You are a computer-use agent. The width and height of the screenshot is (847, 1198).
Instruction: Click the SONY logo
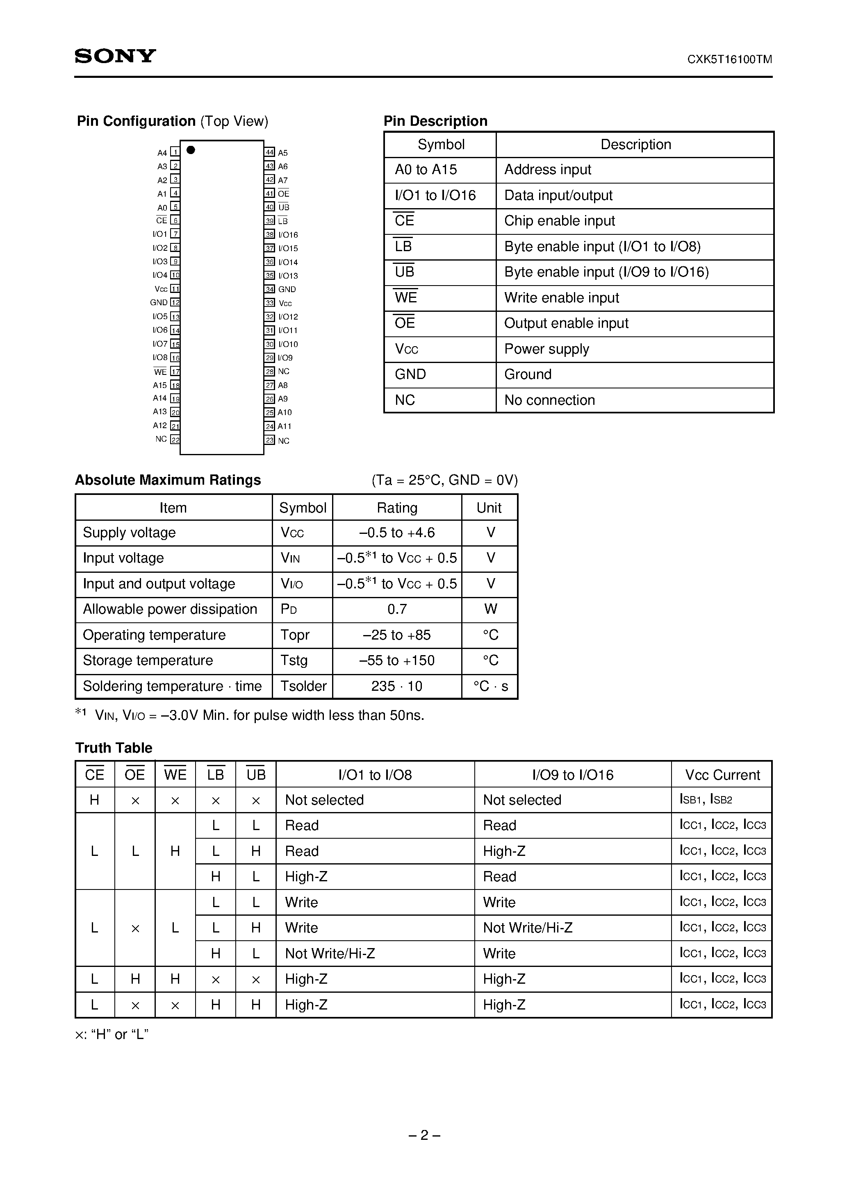(x=115, y=56)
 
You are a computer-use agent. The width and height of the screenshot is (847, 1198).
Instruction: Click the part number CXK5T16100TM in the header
(x=729, y=59)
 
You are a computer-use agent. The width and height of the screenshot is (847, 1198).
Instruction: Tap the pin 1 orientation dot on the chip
(x=191, y=150)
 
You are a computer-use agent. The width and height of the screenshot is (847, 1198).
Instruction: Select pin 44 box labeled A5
(x=269, y=152)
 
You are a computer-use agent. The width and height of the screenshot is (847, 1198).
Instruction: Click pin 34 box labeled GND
(x=269, y=289)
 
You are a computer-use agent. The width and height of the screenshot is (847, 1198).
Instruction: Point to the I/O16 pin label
(x=288, y=235)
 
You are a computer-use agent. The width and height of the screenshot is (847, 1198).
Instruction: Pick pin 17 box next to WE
(x=175, y=372)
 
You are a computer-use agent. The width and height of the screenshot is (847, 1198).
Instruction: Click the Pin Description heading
(x=435, y=121)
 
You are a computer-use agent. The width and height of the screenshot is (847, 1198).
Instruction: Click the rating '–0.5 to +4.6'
(x=397, y=533)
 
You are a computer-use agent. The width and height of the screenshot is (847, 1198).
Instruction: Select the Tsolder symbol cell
(x=303, y=686)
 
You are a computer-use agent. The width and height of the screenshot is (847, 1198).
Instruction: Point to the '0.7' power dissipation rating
(x=397, y=609)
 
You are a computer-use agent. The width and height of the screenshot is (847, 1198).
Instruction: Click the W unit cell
(x=490, y=609)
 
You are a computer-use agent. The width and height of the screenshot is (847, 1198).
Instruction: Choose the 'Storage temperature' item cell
(x=173, y=660)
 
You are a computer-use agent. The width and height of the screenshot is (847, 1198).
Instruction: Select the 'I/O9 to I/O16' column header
(x=572, y=775)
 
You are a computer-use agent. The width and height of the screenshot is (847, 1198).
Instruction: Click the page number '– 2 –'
(x=424, y=1135)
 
